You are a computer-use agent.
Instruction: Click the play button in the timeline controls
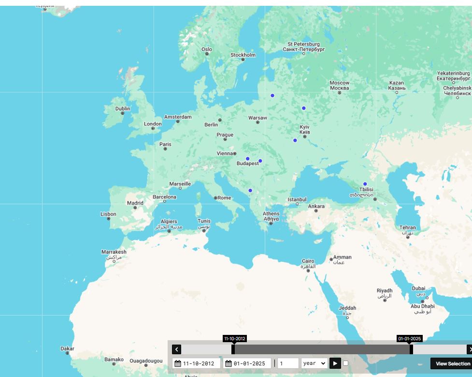click(x=335, y=363)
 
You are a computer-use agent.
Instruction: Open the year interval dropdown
click(x=314, y=363)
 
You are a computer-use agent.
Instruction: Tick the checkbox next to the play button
click(x=345, y=363)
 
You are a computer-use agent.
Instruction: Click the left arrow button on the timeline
click(x=177, y=349)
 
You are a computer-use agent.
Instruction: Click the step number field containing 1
click(x=287, y=363)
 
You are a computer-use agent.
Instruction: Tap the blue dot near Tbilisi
click(x=365, y=184)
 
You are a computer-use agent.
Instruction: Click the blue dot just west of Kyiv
click(x=295, y=140)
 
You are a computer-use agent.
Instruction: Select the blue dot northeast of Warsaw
click(x=272, y=95)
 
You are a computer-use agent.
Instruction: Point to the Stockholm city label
click(x=243, y=55)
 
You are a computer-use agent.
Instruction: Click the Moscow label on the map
click(x=339, y=86)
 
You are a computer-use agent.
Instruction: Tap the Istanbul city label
click(x=297, y=199)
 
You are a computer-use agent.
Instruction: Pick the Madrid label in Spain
click(x=135, y=203)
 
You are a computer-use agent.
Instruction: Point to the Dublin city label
click(x=123, y=109)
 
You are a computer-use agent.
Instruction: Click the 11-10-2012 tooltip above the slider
click(x=235, y=339)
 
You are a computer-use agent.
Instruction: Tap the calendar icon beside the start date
click(x=178, y=363)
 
